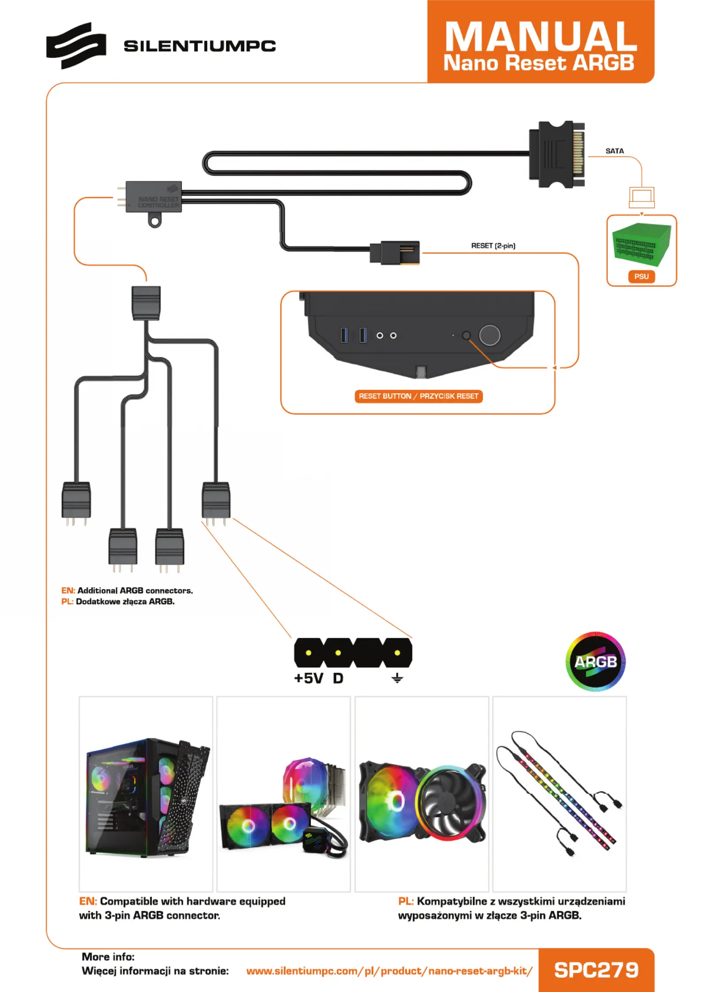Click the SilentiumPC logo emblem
coord(76,46)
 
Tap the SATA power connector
coord(557,154)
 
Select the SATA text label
coord(614,151)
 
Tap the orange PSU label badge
coord(641,277)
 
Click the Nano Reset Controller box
coord(153,197)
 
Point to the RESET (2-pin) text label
coord(493,246)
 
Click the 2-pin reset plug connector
coord(394,253)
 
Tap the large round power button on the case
coord(489,335)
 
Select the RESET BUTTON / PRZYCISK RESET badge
coord(418,396)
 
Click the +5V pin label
coord(308,678)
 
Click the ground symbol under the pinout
coord(397,678)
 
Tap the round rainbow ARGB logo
coord(595,661)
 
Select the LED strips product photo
coord(559,794)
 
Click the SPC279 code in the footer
coord(596,970)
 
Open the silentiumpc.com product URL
coord(389,971)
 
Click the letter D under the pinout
coord(338,678)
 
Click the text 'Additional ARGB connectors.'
coord(135,591)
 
